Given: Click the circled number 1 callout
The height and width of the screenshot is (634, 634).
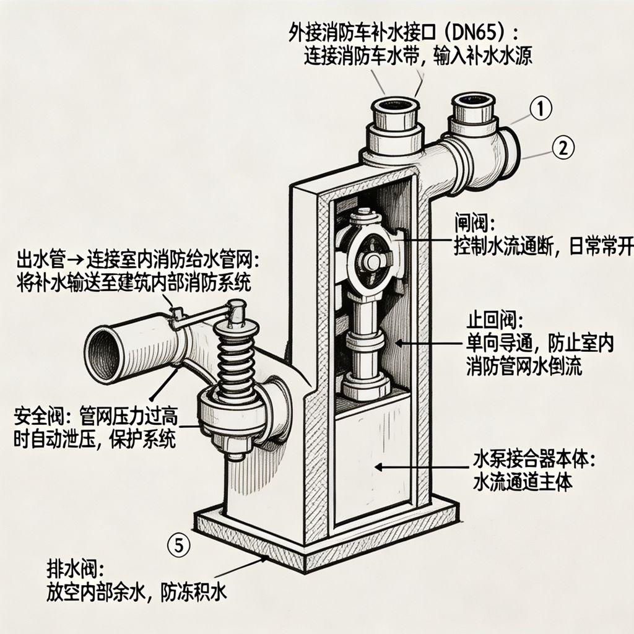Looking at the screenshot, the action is point(541,108).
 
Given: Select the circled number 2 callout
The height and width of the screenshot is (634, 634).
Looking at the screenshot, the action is point(563,147).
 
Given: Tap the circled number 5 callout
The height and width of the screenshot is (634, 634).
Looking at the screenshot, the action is point(179,546).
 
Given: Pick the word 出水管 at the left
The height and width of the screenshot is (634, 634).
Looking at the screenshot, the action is point(40,259).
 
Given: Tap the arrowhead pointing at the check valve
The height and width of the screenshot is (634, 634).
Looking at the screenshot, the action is point(399,343).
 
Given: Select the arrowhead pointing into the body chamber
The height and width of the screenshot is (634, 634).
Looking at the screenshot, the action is point(378,467).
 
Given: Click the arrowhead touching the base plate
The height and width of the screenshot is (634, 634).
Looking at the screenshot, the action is point(264,559).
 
